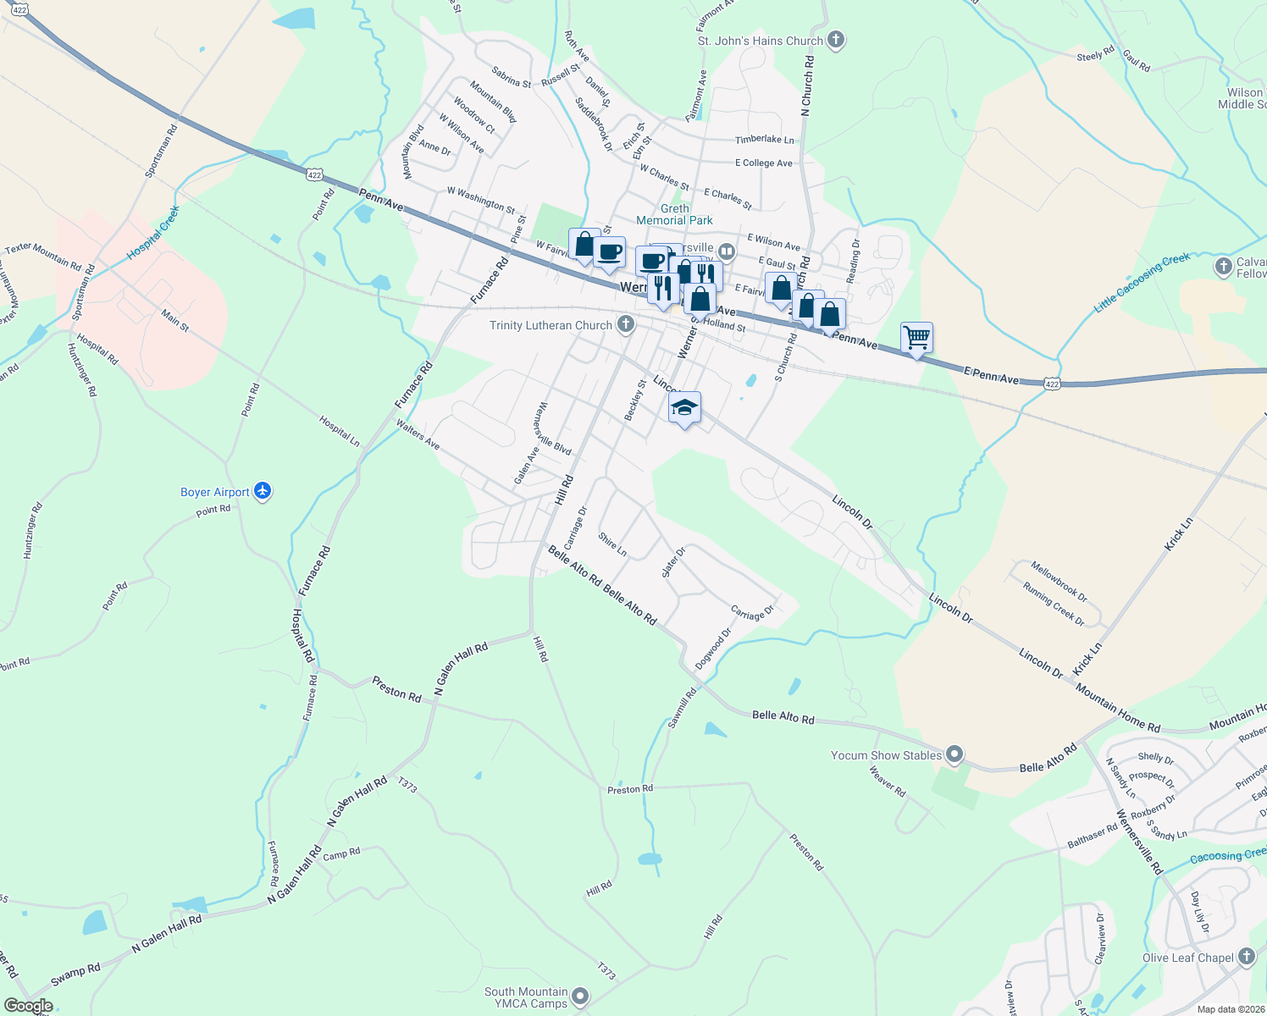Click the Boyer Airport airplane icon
click(x=263, y=491)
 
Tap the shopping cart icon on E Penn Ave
click(x=916, y=337)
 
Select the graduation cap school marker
click(x=684, y=408)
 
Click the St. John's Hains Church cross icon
click(x=836, y=40)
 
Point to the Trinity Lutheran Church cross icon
click(x=625, y=324)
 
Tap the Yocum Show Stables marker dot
click(x=954, y=754)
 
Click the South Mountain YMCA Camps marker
click(x=580, y=997)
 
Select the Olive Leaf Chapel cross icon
click(x=1246, y=957)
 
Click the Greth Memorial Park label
click(x=674, y=214)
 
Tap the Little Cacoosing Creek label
click(x=1142, y=283)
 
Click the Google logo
click(x=28, y=1006)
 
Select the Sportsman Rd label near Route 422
click(x=161, y=151)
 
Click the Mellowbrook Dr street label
click(x=1059, y=581)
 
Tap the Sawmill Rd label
click(x=682, y=707)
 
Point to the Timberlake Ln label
click(x=765, y=140)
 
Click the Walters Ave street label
click(x=418, y=437)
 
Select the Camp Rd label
click(x=341, y=854)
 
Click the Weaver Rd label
click(x=887, y=781)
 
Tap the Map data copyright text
click(x=1229, y=1009)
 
